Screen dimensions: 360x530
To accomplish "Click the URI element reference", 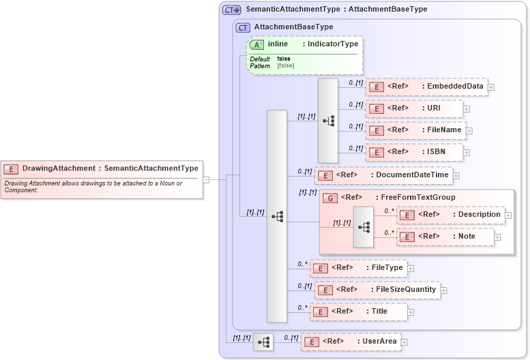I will [414, 108].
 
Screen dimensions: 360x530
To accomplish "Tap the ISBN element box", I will [414, 151].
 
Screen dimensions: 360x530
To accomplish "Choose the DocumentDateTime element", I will [383, 175].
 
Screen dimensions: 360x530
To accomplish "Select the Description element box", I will [450, 215].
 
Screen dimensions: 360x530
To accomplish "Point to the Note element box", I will [445, 237].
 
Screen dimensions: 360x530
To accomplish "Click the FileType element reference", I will [358, 268].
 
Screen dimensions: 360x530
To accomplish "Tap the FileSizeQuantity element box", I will [377, 290].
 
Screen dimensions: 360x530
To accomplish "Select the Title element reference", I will [358, 312].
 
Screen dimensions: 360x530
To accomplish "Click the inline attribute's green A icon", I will [257, 44].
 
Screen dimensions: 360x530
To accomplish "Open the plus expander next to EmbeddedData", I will [491, 87].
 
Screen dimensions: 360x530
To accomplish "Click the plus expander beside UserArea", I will [404, 342].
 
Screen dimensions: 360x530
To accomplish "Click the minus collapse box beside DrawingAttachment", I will [205, 180].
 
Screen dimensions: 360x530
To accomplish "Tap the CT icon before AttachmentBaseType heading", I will [243, 27].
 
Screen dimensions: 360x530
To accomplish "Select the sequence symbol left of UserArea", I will [263, 342].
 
